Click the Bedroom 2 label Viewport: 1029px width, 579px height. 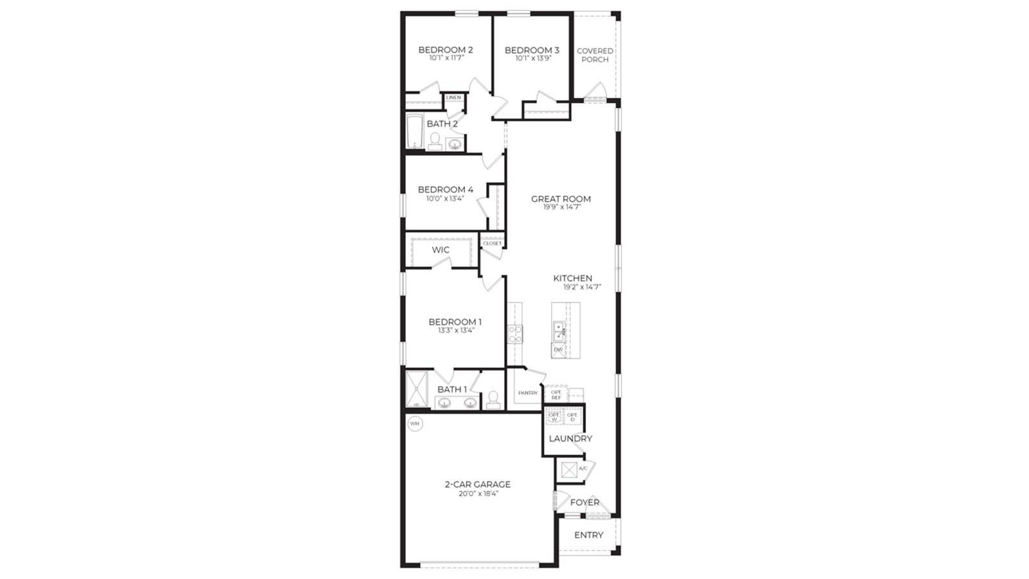(445, 50)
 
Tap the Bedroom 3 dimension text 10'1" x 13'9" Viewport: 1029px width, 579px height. (533, 59)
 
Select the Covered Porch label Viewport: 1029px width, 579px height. (595, 55)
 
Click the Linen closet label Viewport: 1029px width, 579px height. (453, 98)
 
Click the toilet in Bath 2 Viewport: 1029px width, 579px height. (435, 140)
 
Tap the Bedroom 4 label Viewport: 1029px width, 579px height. (445, 189)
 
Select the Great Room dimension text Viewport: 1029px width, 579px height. (561, 207)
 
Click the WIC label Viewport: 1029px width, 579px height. (441, 250)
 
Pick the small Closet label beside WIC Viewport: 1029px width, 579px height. (492, 243)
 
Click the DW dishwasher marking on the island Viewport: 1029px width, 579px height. (558, 350)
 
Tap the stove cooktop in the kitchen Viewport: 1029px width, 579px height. (515, 334)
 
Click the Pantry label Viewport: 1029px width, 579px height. (527, 392)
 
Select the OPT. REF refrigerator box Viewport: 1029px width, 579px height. (556, 394)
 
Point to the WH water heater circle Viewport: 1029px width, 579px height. (415, 424)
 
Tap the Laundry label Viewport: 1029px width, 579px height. (570, 439)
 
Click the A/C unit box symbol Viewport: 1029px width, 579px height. (569, 470)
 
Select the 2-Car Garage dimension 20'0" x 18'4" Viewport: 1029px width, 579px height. (478, 494)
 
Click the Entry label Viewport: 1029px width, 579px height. (588, 535)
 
